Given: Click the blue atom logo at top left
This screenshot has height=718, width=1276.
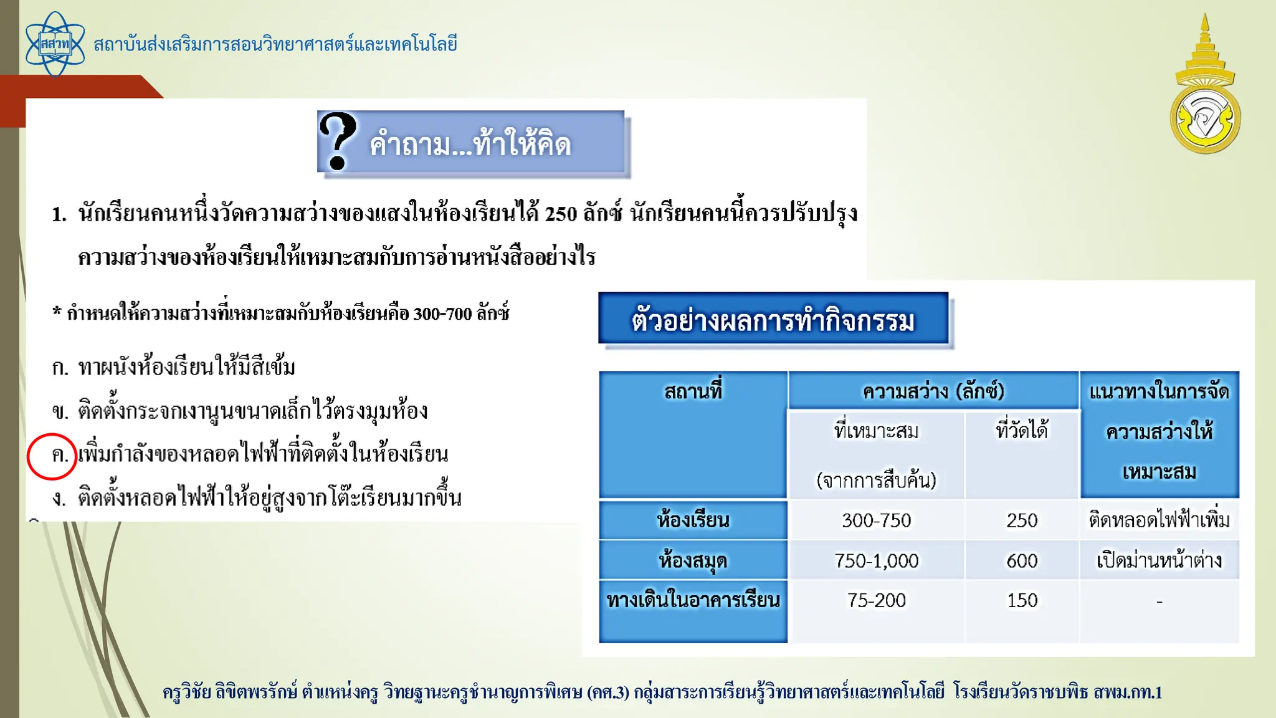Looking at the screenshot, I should [x=55, y=44].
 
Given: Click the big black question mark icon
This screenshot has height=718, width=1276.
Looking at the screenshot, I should [x=337, y=141].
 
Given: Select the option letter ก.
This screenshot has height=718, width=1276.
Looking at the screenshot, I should [x=60, y=368].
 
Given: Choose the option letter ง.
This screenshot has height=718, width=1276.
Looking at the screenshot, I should [x=59, y=499].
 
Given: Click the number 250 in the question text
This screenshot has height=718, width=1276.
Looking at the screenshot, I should [x=561, y=214].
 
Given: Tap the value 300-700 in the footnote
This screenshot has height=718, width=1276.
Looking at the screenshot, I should [x=442, y=314].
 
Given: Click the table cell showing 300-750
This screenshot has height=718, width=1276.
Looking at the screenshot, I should [x=876, y=520].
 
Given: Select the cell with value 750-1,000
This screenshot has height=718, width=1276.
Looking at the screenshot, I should [x=876, y=561].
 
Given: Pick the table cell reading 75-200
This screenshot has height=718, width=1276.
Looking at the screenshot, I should [x=876, y=600].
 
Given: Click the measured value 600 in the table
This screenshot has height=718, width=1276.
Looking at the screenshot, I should [x=1022, y=561].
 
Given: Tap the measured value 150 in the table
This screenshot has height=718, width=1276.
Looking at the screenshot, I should [x=1022, y=600].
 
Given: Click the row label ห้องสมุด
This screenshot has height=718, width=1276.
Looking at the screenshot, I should [x=693, y=561].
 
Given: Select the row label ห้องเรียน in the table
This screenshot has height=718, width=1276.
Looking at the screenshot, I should [x=693, y=520].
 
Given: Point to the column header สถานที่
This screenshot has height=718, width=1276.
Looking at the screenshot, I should [x=693, y=391].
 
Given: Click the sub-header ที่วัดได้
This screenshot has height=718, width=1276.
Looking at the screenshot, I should [x=1022, y=431].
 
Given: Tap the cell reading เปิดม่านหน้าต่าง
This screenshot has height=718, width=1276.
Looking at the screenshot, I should [x=1159, y=561].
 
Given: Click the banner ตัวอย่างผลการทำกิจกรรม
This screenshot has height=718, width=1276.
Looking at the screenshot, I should [x=773, y=320].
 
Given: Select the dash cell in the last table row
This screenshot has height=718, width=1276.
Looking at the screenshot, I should [x=1159, y=602].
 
